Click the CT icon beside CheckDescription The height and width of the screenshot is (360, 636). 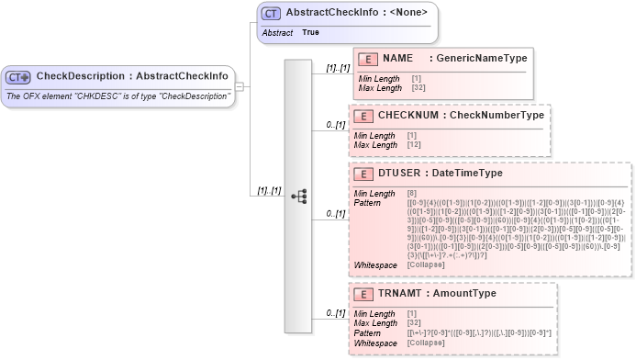coord(19,76)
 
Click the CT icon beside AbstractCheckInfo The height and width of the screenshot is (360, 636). coord(271,14)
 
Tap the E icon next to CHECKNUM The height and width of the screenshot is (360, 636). coord(364,117)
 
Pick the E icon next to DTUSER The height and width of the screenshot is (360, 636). coord(364,173)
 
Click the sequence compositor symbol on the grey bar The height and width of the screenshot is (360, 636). coord(298,196)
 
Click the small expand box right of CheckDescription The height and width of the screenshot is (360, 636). coord(239,86)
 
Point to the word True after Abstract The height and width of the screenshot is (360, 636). coord(311,32)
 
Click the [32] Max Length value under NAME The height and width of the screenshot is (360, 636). coord(418,88)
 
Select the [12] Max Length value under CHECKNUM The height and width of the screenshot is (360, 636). coord(414,145)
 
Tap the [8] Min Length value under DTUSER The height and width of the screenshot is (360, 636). coord(412,193)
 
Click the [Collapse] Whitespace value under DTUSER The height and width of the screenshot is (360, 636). coord(428,265)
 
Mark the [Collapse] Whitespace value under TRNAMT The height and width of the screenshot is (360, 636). coord(428,342)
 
